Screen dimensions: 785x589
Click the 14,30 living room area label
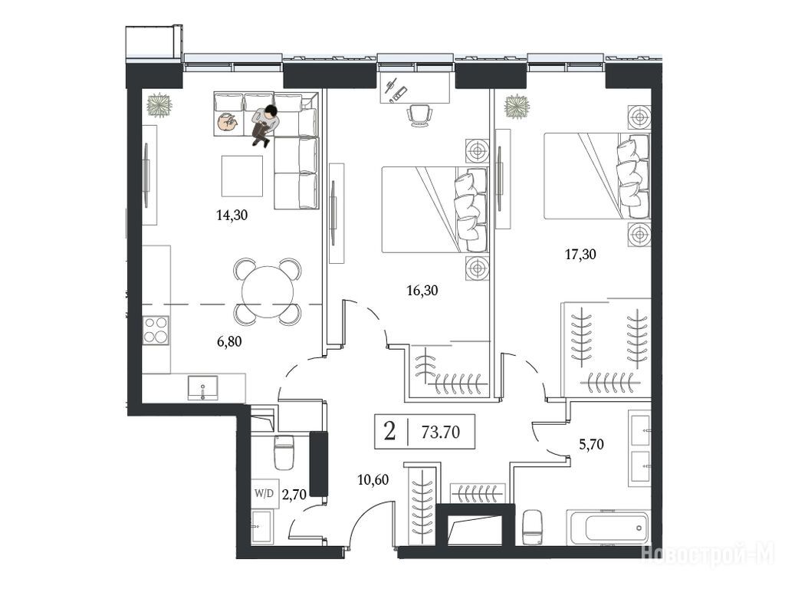232,216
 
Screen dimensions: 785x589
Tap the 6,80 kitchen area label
229,341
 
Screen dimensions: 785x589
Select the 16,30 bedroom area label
422,291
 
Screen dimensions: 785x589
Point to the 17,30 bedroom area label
580,255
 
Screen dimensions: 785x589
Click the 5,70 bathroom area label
591,444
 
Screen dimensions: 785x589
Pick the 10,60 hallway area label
373,480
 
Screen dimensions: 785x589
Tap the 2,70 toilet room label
294,495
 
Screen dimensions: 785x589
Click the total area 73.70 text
441,432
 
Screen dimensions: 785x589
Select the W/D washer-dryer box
264,493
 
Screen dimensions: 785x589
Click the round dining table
268,292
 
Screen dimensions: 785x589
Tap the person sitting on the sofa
265,125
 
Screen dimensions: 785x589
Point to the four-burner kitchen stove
156,330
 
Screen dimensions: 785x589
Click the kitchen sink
202,388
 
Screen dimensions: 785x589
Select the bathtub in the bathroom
608,528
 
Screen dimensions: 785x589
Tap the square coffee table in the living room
242,176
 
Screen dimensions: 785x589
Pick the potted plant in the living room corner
159,105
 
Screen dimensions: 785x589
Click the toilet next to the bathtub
532,528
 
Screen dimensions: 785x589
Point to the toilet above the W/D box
284,452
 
